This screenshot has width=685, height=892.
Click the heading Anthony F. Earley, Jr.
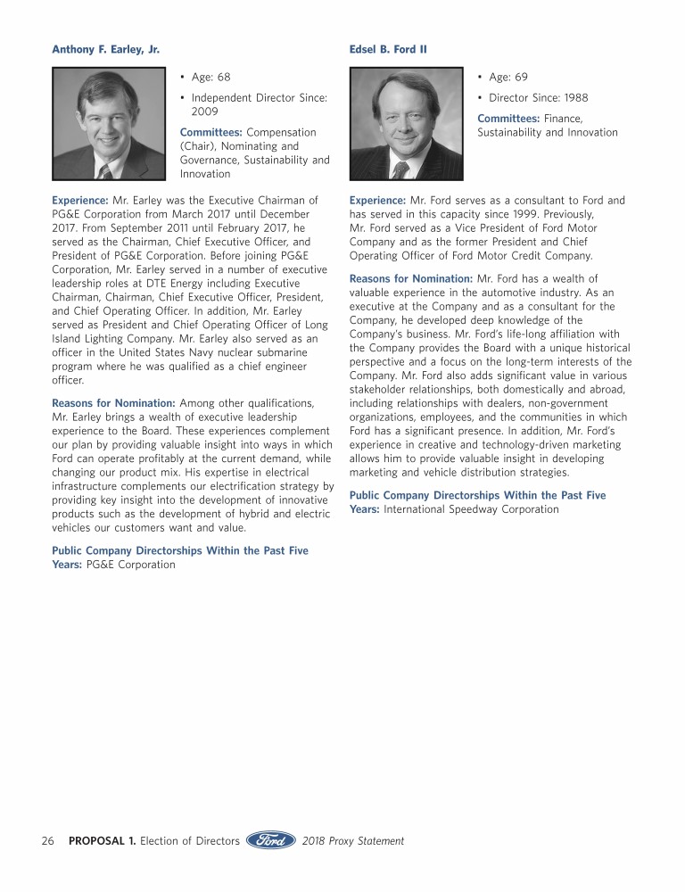click(106, 49)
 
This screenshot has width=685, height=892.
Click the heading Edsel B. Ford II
click(388, 49)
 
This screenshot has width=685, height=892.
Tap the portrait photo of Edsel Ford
click(407, 124)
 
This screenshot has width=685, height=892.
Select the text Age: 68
click(210, 78)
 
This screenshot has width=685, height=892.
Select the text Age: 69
click(508, 78)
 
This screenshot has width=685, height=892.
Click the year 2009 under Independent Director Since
click(206, 111)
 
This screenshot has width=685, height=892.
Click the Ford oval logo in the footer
click(271, 840)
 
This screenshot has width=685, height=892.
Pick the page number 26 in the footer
click(48, 840)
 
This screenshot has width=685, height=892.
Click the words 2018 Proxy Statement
click(353, 840)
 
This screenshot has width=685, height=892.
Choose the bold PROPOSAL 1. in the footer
click(103, 840)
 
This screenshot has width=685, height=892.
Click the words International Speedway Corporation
click(471, 509)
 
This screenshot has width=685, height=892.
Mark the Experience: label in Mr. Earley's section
click(80, 201)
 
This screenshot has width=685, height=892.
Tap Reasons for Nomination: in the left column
click(113, 404)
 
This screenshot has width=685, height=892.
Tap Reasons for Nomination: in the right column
click(411, 279)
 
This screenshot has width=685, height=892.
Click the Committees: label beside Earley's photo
click(211, 132)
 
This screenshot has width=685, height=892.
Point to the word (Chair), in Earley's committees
click(199, 146)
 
